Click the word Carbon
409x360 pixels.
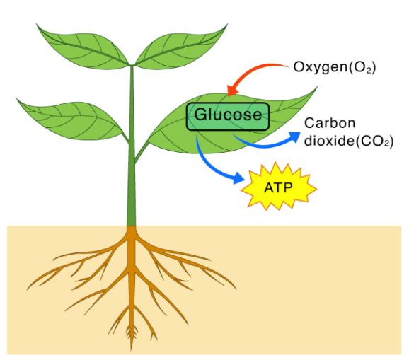[x=326, y=122]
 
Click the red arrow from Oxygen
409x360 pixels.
[x=255, y=71]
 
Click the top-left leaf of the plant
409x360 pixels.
[x=81, y=44]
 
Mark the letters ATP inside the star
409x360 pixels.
[x=279, y=188]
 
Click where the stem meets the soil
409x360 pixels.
[x=132, y=226]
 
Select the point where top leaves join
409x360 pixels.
[x=132, y=66]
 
